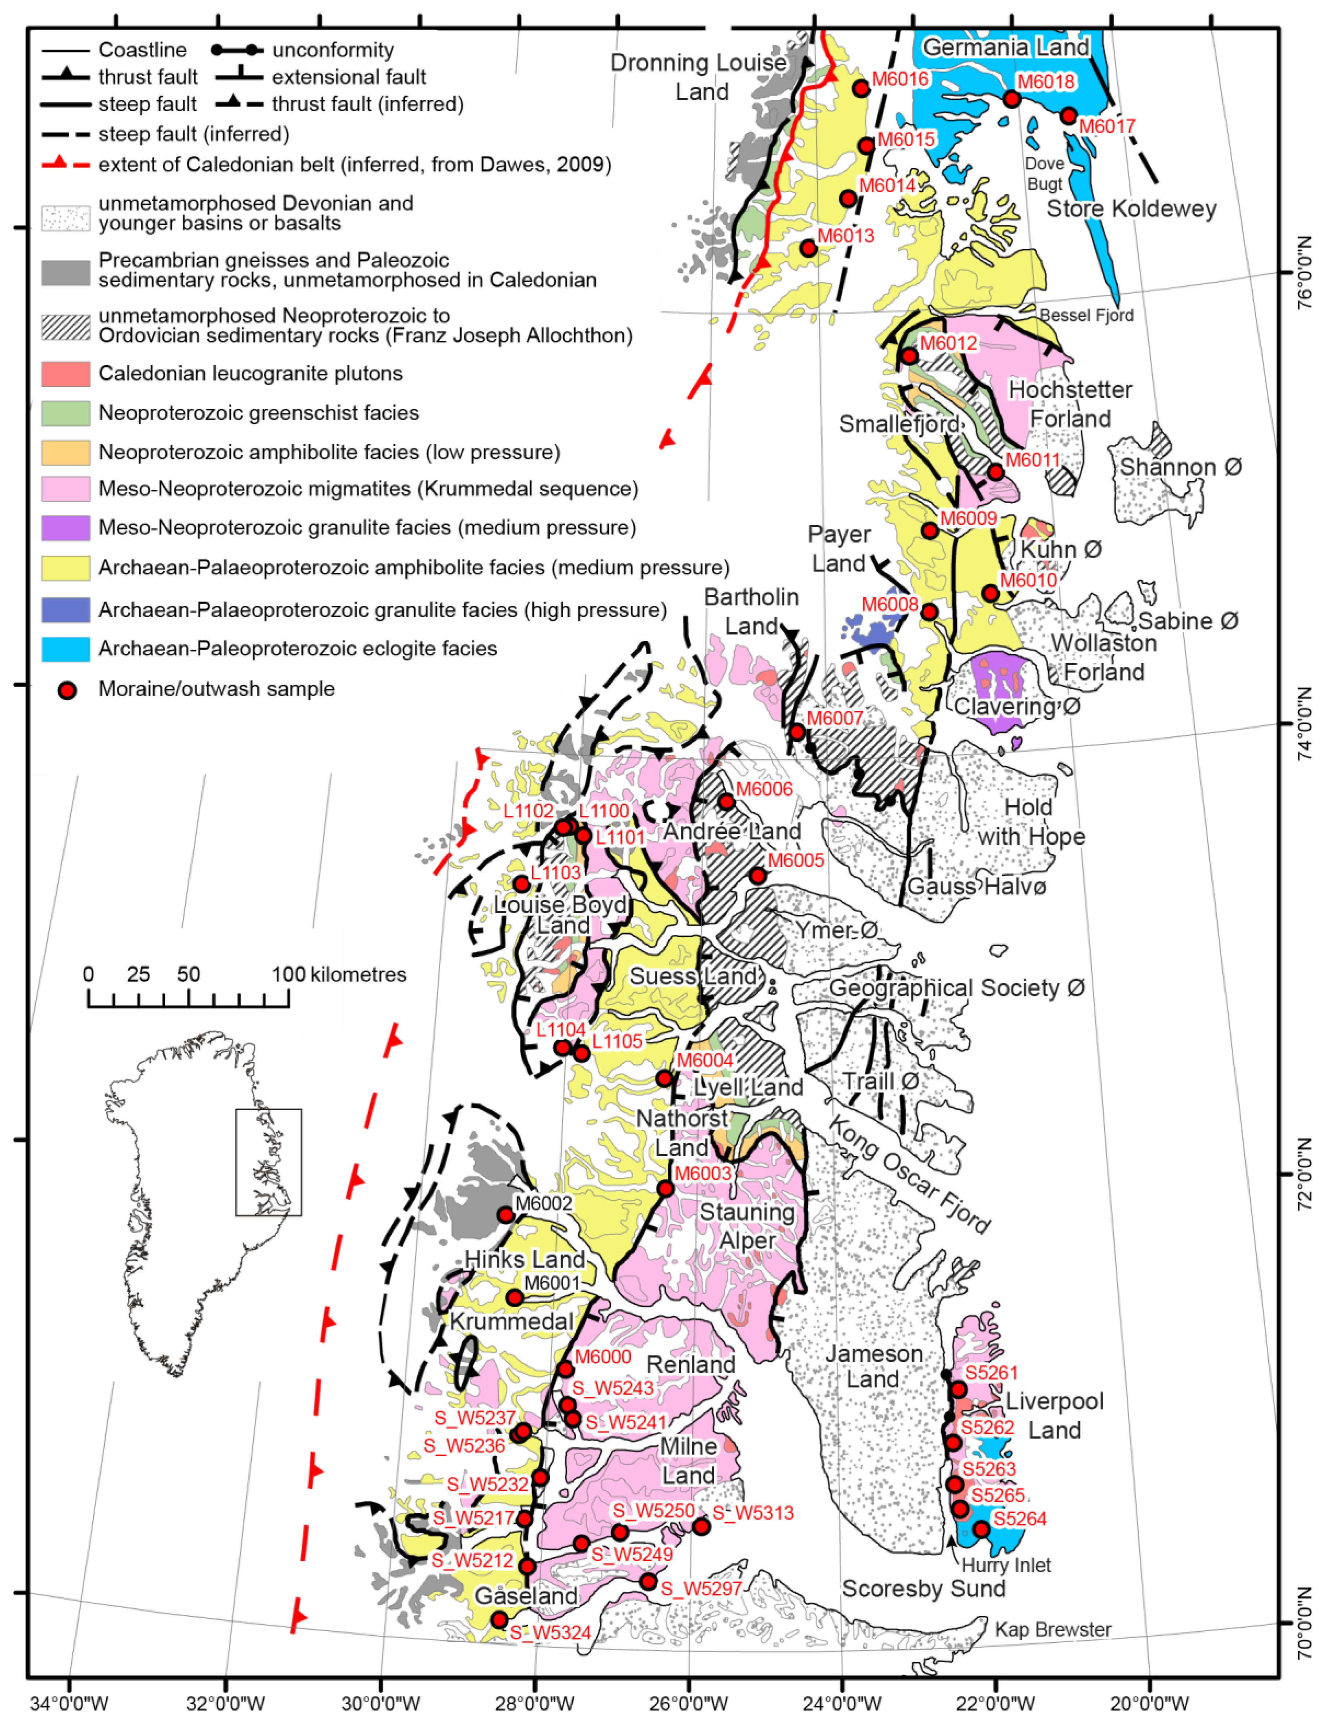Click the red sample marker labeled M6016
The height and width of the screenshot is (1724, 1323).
pyautogui.click(x=861, y=88)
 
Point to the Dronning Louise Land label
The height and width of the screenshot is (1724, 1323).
pyautogui.click(x=699, y=76)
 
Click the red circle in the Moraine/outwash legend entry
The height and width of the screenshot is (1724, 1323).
pyautogui.click(x=68, y=690)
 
